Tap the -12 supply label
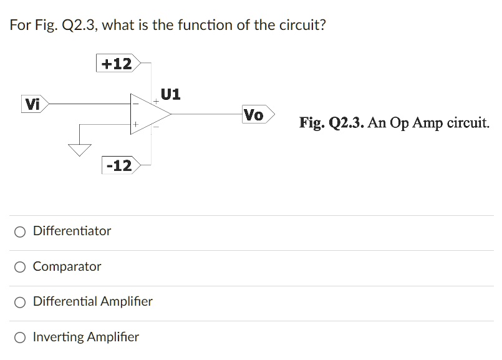pos(119,165)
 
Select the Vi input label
pos(32,104)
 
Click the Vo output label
pos(254,115)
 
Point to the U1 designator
pos(170,94)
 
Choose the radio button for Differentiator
pos(21,232)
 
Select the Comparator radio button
pos(21,268)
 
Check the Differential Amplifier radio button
pos(21,303)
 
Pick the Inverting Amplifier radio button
pos(21,338)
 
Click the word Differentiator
pos(72,231)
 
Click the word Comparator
pos(67,266)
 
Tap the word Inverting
pos(58,338)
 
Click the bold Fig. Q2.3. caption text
pos(332,122)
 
